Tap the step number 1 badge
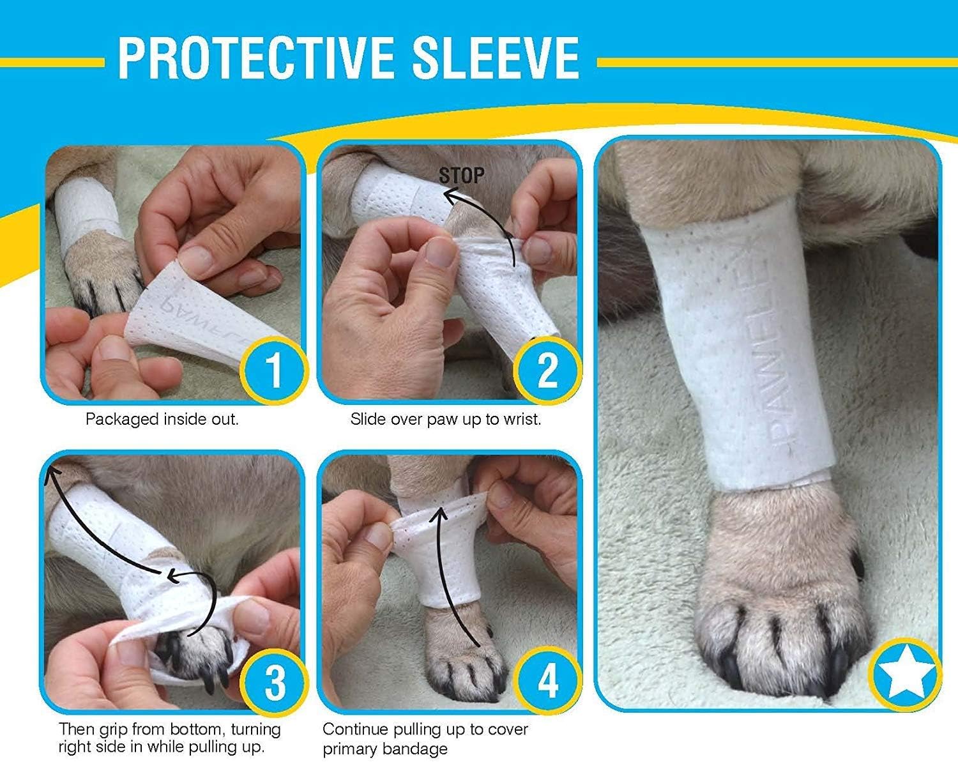(x=274, y=369)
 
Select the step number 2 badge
(x=547, y=369)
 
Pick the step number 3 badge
(x=275, y=682)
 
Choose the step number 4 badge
(x=548, y=682)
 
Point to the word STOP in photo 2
(x=462, y=176)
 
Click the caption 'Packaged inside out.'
(x=162, y=420)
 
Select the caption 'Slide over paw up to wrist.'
(x=445, y=420)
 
